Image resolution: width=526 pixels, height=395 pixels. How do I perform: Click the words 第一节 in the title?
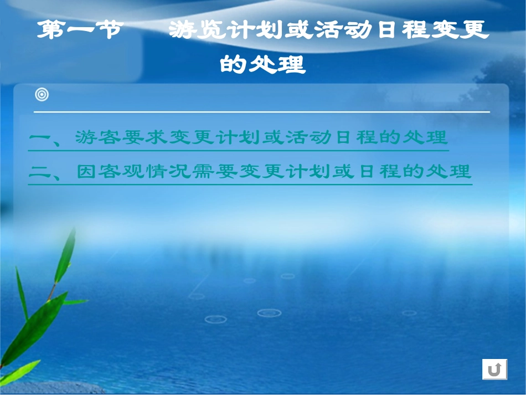click(x=78, y=31)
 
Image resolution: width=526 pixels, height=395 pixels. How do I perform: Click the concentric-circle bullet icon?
click(x=42, y=95)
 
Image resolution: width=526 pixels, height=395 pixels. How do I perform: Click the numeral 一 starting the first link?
click(x=39, y=138)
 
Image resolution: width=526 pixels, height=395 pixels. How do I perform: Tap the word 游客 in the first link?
click(x=96, y=137)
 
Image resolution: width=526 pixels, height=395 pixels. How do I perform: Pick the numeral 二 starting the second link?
click(x=39, y=172)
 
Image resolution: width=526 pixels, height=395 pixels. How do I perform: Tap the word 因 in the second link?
click(x=86, y=172)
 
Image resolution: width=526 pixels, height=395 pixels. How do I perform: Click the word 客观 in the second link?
click(x=121, y=172)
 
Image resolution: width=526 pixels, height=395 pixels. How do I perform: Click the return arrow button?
click(x=494, y=369)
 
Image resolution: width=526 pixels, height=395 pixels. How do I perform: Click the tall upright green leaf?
click(x=65, y=258)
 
